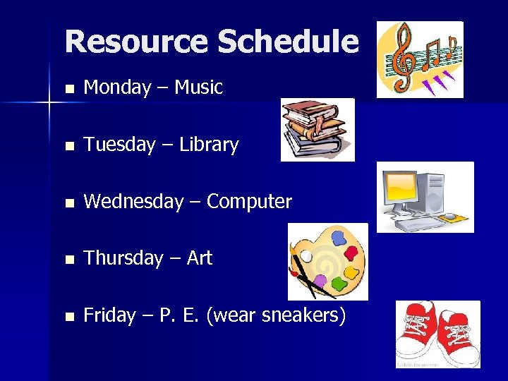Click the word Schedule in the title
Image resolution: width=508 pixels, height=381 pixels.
[x=288, y=42]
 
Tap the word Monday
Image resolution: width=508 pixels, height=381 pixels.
[x=117, y=88]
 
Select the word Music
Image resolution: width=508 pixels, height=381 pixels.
[x=198, y=88]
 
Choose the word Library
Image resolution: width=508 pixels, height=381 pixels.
[x=209, y=145]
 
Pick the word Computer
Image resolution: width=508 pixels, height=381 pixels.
[x=249, y=202]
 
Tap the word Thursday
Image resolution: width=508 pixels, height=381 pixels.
[x=123, y=258]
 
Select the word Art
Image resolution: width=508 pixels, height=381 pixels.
[x=200, y=258]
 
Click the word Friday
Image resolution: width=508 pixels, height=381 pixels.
[x=109, y=315]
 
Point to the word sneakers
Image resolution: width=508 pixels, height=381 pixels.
[x=303, y=315]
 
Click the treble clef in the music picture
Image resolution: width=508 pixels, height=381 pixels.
[x=404, y=56]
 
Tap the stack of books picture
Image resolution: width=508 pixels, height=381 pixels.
[x=317, y=129]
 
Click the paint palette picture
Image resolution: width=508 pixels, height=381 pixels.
[x=329, y=261]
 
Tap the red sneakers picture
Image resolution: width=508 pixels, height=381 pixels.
[x=437, y=333]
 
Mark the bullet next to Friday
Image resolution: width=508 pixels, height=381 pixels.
[x=68, y=317]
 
